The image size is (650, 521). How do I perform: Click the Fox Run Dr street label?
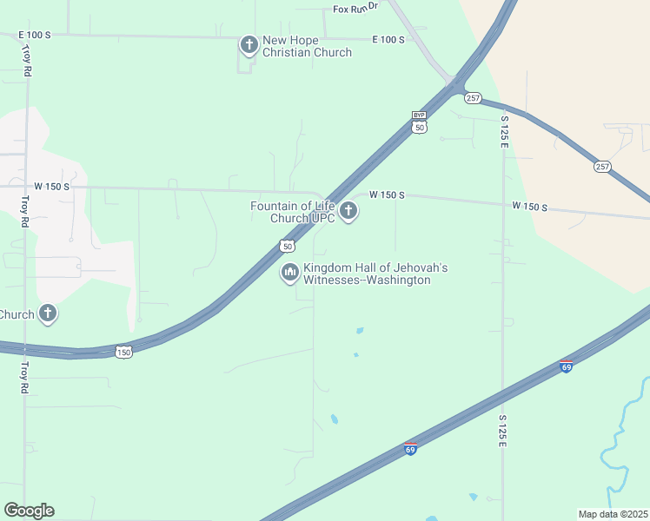point(356,8)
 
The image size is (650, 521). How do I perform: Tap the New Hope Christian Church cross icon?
point(249,43)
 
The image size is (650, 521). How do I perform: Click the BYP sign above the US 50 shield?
point(420,115)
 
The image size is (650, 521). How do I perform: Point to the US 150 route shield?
point(124,352)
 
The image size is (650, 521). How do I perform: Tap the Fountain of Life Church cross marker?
point(348,210)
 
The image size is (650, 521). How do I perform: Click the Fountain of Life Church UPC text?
point(292,212)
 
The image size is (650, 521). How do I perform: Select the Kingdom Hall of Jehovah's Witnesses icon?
point(289,273)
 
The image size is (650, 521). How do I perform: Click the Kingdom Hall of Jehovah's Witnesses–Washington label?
point(375,274)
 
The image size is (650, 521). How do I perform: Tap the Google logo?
point(29,511)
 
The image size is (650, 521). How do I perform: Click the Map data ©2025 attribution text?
point(612,514)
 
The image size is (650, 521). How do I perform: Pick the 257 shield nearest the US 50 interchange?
point(473,97)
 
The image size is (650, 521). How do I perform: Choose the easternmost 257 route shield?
point(603,166)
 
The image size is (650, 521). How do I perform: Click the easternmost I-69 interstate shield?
point(567,366)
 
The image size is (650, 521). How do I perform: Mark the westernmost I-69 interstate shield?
point(410,449)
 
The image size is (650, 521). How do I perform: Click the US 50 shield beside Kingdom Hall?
point(287,247)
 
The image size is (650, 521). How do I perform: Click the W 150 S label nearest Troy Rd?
point(51,186)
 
